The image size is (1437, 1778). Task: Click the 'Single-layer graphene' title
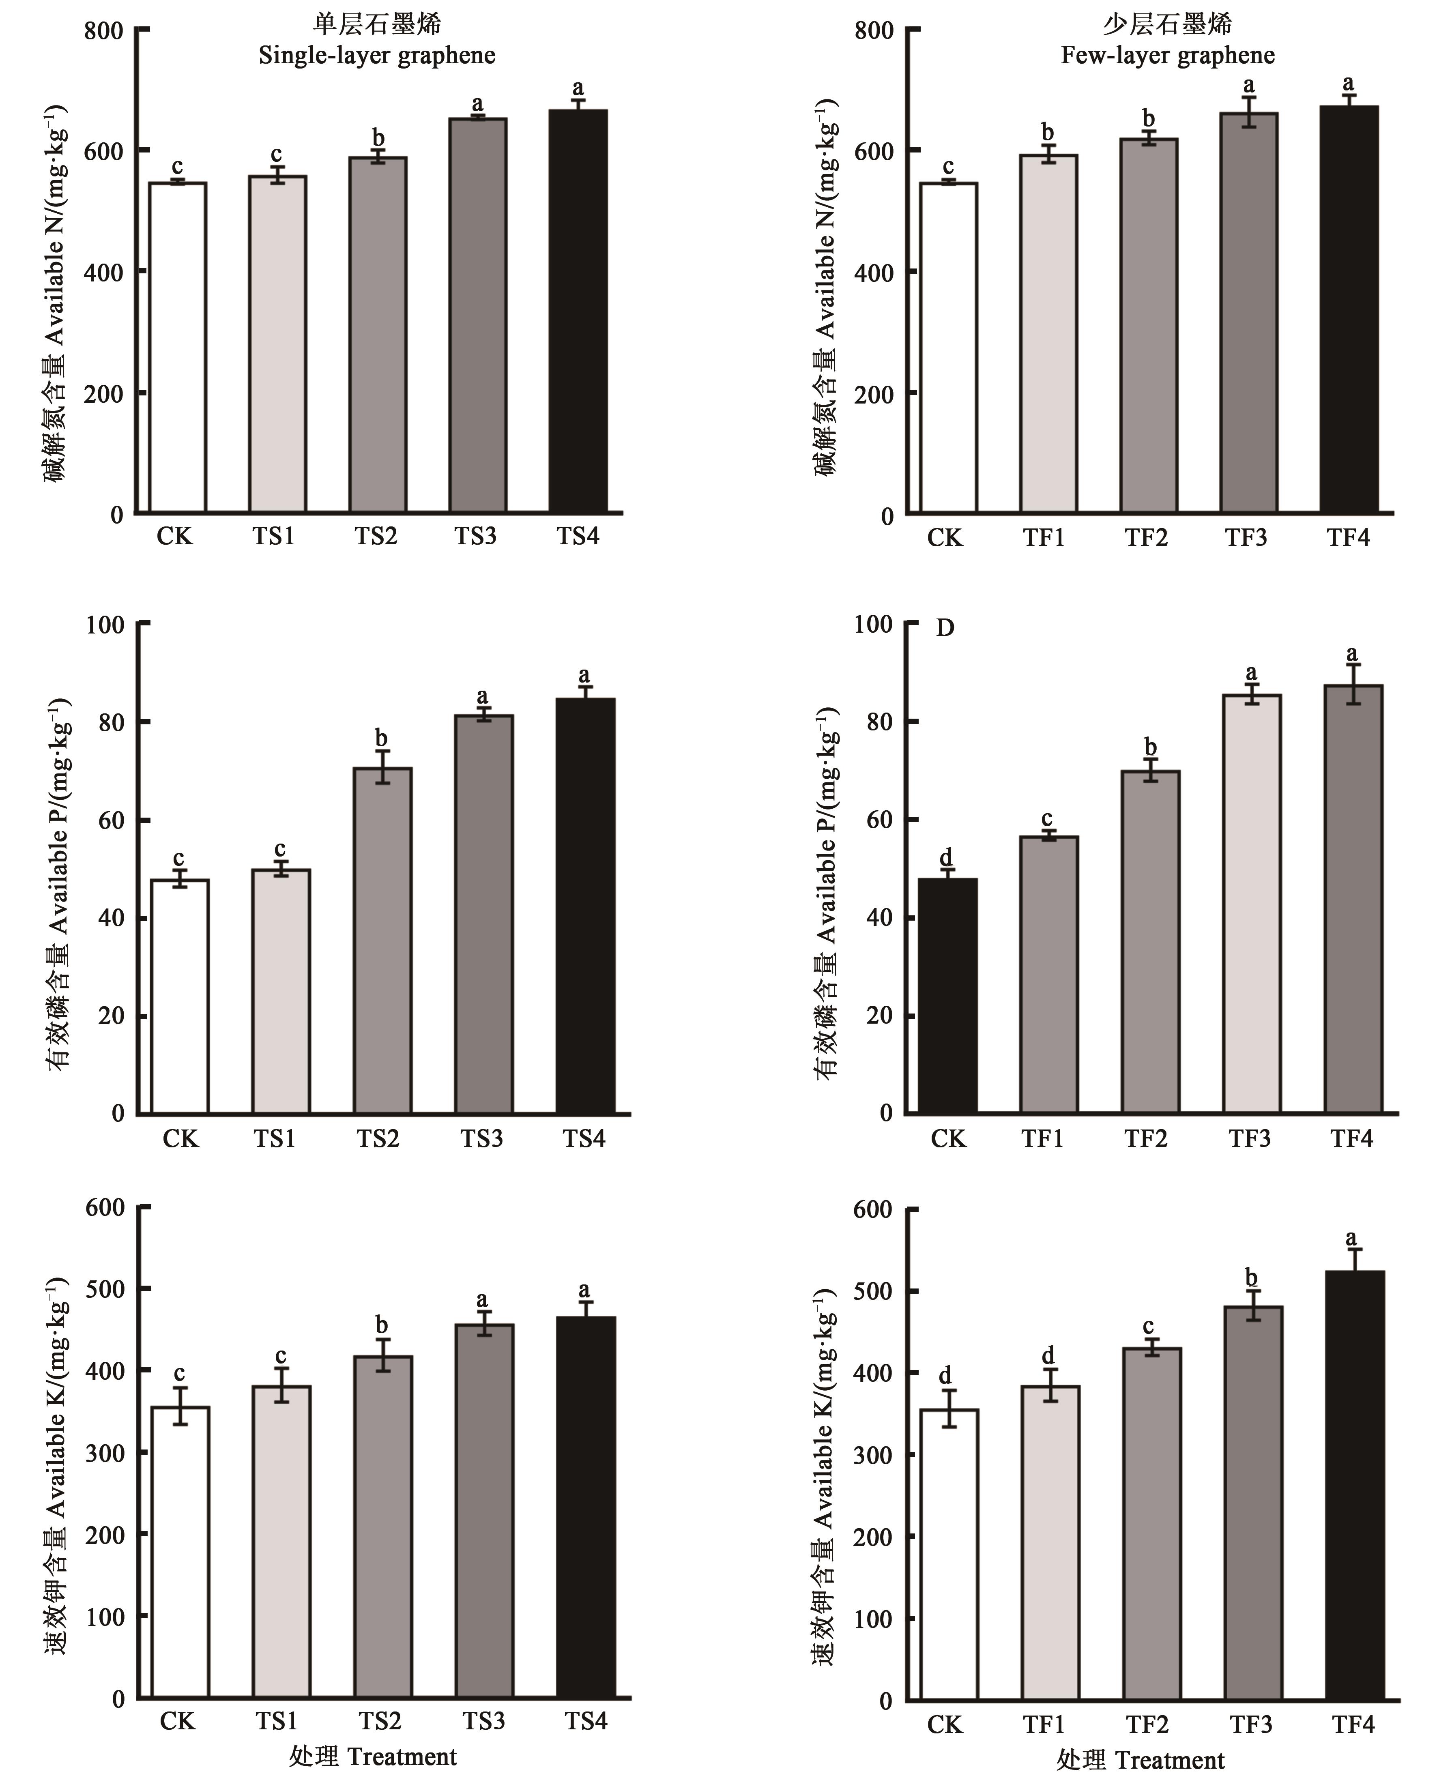(377, 56)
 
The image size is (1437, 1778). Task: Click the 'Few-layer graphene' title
(1167, 56)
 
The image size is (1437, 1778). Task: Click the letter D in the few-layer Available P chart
(945, 628)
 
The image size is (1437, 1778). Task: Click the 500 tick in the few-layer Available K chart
(873, 1291)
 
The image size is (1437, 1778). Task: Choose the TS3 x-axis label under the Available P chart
(482, 1139)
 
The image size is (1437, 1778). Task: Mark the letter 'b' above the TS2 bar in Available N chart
(378, 137)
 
